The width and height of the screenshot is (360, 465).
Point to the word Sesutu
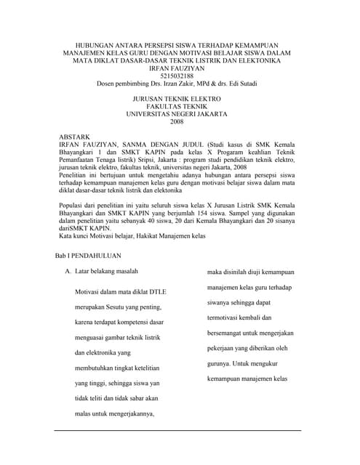(120, 305)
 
